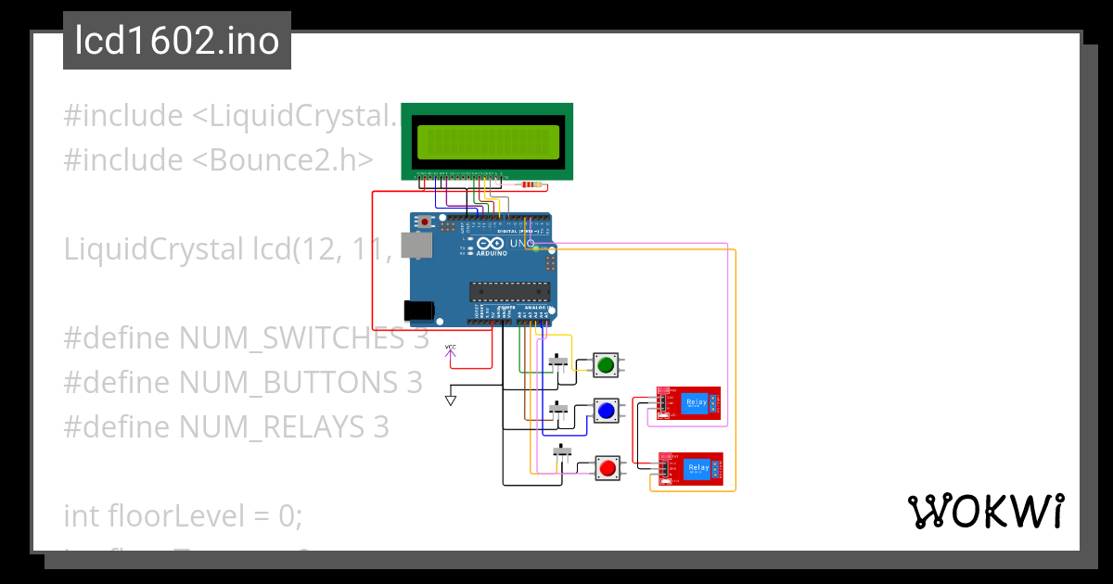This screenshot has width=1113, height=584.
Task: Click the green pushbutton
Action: [606, 364]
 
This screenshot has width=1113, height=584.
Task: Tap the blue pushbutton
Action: [606, 410]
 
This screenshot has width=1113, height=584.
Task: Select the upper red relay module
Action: [688, 403]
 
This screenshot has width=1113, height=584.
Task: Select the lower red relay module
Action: [690, 468]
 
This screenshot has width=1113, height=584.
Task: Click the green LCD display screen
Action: [487, 141]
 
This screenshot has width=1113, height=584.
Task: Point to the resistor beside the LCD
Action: [531, 184]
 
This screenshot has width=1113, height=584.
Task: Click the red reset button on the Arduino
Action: [426, 222]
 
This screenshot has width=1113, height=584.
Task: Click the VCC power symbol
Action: [451, 350]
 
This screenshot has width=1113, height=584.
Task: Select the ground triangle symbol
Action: [451, 400]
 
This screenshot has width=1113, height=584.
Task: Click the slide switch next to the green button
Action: [559, 361]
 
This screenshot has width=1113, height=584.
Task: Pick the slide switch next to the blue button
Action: [558, 408]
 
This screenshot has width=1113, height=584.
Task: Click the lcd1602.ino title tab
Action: [177, 41]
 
